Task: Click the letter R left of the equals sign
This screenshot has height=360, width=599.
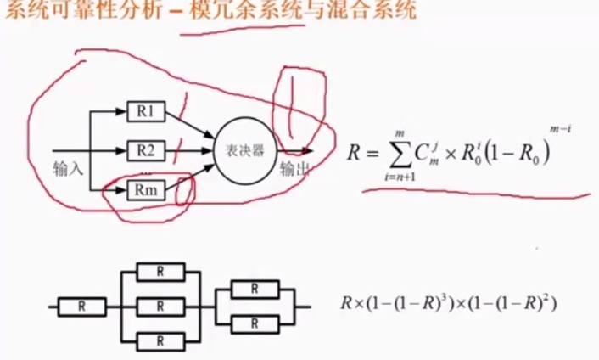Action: [354, 154]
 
